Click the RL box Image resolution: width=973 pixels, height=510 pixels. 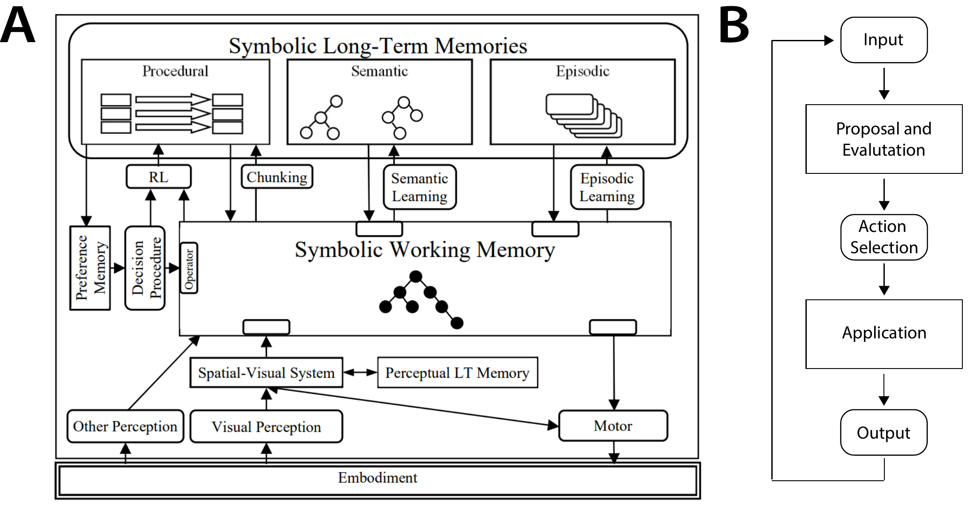pyautogui.click(x=159, y=177)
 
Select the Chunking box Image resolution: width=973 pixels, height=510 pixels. pyautogui.click(x=277, y=177)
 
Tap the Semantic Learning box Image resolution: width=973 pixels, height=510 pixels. pyautogui.click(x=420, y=187)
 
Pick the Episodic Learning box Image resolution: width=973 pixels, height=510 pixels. pyautogui.click(x=607, y=187)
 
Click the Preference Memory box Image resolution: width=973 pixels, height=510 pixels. pyautogui.click(x=90, y=268)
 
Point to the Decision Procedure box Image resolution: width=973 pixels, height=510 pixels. pyautogui.click(x=145, y=268)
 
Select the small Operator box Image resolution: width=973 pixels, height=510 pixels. pyautogui.click(x=189, y=268)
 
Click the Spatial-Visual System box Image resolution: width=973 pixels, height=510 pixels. pyautogui.click(x=266, y=373)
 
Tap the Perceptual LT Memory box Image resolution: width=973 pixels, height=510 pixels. pyautogui.click(x=457, y=373)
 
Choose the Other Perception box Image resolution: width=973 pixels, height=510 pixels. pyautogui.click(x=125, y=426)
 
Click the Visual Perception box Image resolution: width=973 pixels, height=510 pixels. pyautogui.click(x=266, y=426)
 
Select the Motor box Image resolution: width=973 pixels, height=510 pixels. pyautogui.click(x=613, y=426)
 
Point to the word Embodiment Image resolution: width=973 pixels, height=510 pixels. pyautogui.click(x=378, y=478)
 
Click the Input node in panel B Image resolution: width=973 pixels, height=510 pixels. pyautogui.click(x=884, y=40)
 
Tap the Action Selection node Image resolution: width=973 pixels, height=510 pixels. pyautogui.click(x=884, y=237)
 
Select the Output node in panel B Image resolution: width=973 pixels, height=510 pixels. pyautogui.click(x=884, y=432)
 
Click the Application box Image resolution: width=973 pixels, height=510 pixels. pyautogui.click(x=884, y=334)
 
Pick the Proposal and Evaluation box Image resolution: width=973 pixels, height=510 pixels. pyautogui.click(x=884, y=139)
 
